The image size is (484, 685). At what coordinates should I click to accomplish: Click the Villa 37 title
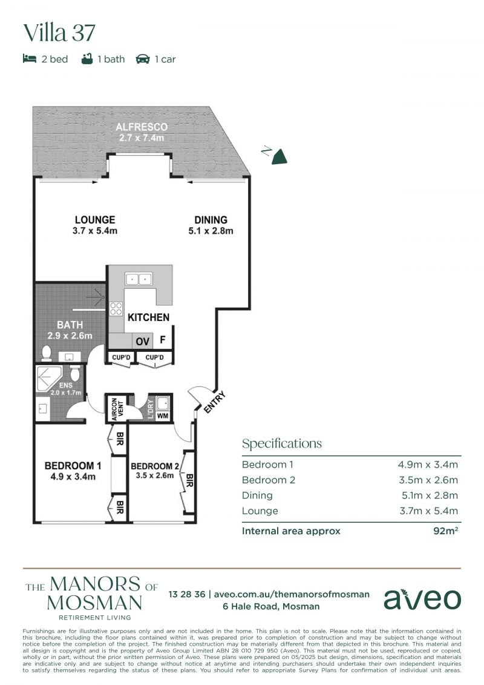pos(59,33)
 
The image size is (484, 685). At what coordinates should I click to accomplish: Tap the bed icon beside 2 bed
pos(29,59)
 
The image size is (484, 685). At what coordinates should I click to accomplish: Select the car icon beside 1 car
pos(143,59)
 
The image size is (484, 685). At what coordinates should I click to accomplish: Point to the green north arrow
pos(280,156)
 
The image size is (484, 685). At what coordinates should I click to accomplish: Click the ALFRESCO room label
pos(142,127)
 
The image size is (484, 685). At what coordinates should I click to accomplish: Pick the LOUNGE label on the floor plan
pos(95,220)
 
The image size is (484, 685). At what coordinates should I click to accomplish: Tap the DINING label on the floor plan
pos(211,220)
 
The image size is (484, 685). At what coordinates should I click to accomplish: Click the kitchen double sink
pos(139,279)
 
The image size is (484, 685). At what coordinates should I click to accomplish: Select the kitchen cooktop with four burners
pos(116,308)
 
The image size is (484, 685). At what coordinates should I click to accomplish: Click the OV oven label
pos(143,341)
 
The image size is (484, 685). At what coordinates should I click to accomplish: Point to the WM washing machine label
pos(163,415)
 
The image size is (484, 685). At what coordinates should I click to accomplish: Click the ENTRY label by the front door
pos(215,402)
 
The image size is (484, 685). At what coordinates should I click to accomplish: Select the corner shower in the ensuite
pos(50,379)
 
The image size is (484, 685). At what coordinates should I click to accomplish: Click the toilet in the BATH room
pos(46,354)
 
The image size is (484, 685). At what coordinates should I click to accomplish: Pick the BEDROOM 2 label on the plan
pos(155,466)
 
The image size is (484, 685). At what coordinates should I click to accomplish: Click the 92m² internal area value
pos(446,531)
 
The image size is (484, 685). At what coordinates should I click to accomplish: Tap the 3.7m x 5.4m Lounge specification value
pos(428,511)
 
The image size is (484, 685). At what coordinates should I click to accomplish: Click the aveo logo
pos(422,599)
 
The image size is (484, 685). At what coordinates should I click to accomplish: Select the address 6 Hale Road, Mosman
pos(271,606)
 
